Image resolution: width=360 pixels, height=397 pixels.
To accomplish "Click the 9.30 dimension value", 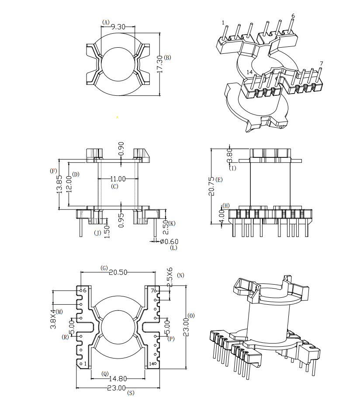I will [118, 27].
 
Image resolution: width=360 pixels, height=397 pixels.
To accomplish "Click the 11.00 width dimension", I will [118, 178].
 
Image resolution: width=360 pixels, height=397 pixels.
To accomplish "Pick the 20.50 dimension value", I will [118, 272].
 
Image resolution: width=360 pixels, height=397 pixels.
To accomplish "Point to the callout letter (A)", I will [106, 22].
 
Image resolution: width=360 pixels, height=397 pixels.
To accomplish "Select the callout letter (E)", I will [219, 180].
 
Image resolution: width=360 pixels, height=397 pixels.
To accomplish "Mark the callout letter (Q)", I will [104, 374].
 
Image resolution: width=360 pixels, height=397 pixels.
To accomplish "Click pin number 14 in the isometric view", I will [249, 72].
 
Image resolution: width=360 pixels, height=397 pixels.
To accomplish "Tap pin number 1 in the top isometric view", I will [223, 22].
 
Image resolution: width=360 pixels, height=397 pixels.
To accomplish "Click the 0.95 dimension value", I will [121, 219].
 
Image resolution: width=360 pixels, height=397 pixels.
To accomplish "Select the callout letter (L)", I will [174, 248].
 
